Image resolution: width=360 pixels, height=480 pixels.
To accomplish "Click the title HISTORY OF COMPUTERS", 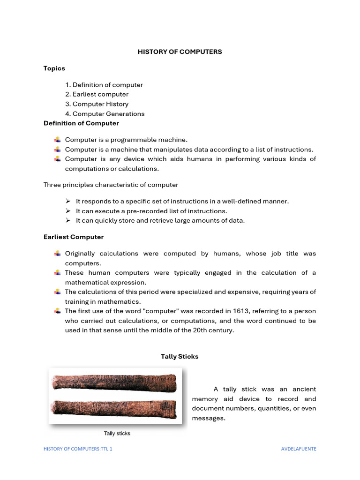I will [x=180, y=52].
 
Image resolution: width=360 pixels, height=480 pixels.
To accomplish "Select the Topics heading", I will [x=54, y=68].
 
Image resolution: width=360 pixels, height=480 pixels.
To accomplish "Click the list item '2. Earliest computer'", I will [x=97, y=94].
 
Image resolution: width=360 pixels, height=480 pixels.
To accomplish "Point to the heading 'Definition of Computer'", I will [x=81, y=123].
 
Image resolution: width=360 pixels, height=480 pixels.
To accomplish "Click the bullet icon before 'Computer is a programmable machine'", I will [x=57, y=140].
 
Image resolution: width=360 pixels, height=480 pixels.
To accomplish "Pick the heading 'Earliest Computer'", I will [x=74, y=237].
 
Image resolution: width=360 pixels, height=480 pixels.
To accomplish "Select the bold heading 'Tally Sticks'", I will [x=180, y=357].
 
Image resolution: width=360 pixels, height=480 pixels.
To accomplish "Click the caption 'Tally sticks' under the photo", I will [x=117, y=434].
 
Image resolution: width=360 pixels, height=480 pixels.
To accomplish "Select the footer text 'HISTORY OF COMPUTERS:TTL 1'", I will [x=78, y=449].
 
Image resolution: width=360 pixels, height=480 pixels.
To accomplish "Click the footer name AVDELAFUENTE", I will [x=299, y=449].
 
